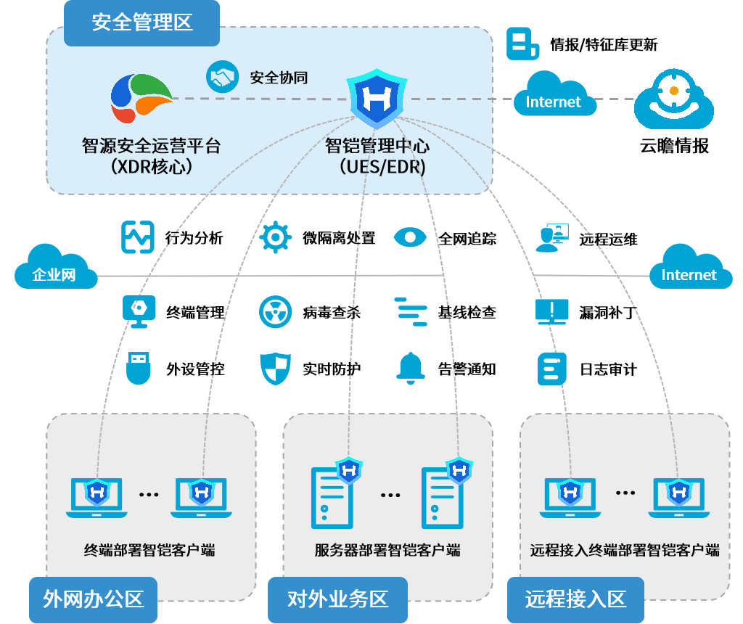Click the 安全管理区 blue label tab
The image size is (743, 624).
click(141, 22)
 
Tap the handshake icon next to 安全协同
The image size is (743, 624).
click(223, 76)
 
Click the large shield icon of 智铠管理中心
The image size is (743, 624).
click(376, 97)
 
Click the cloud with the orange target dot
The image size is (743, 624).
click(674, 99)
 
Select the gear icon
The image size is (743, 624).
click(276, 237)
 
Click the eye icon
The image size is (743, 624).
click(410, 237)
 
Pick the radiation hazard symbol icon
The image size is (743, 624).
click(276, 311)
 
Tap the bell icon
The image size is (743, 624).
click(410, 368)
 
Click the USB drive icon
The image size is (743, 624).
click(138, 368)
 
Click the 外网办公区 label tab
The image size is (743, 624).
click(93, 599)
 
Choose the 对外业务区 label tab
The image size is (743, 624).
click(337, 599)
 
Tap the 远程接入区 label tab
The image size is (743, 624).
click(575, 599)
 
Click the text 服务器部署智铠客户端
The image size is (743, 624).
click(387, 550)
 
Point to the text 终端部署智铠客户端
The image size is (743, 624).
click(149, 550)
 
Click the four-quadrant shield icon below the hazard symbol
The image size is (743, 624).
click(276, 369)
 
